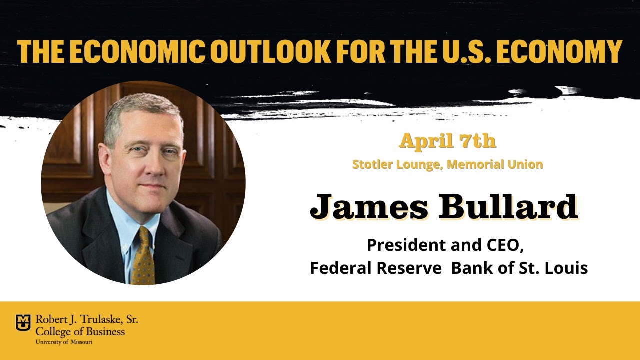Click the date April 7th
447,142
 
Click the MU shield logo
23,322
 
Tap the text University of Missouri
63,342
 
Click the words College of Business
80,331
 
